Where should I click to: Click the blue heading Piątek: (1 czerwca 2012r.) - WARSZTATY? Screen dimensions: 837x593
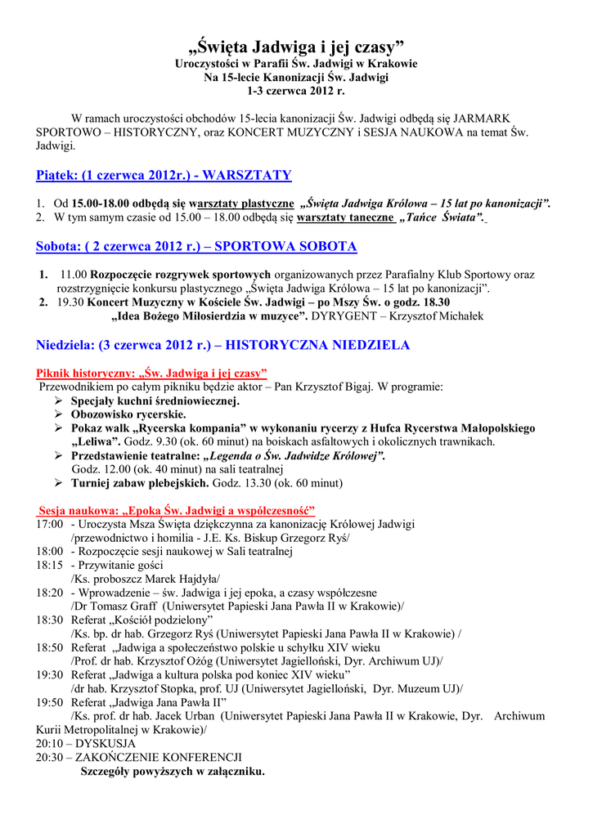pos(164,176)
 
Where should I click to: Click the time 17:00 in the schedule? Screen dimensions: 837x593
pos(50,523)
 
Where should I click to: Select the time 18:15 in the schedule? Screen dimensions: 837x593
pos(50,565)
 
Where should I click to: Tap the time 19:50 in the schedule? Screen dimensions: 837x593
pos(50,702)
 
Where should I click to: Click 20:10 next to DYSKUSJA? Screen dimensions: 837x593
pos(50,744)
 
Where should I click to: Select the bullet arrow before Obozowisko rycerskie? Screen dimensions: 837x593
pos(59,415)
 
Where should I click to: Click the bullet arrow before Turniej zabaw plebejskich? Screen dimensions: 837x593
pos(59,483)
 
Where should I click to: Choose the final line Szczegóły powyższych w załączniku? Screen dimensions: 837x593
pos(172,771)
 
